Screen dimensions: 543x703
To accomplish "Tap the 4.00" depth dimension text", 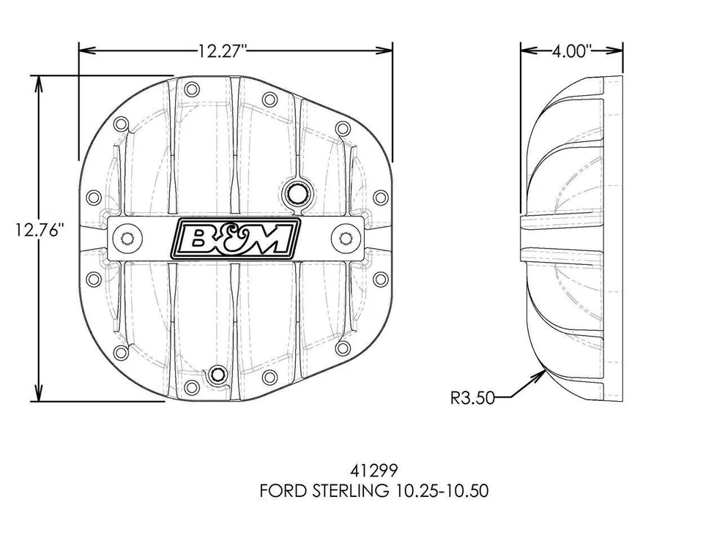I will (572, 50).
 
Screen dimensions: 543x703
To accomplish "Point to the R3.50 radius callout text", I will (473, 398).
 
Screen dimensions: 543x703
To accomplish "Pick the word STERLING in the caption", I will (349, 490).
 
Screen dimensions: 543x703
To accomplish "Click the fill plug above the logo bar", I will (297, 194).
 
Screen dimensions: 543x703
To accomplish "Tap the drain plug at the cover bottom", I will (216, 375).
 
